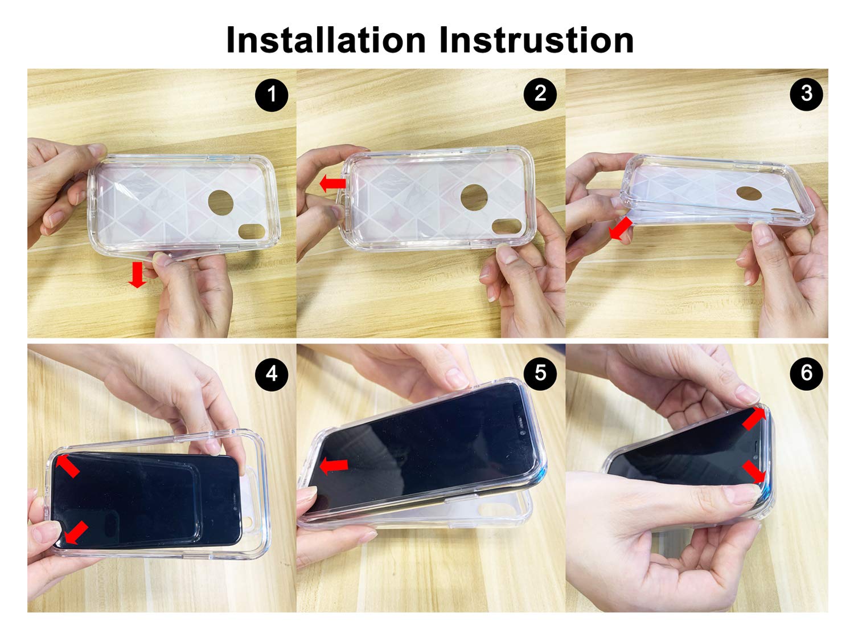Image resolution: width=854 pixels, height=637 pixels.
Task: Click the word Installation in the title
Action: tap(326, 40)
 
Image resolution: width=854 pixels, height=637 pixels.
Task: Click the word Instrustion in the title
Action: tap(536, 40)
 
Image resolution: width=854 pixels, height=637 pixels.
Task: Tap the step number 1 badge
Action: tap(272, 95)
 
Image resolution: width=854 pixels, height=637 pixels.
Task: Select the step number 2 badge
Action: tap(540, 94)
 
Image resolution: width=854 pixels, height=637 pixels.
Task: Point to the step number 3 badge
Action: tap(807, 94)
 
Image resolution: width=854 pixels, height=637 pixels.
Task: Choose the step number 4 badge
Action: tap(272, 374)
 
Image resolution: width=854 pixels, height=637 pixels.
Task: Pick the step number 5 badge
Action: tap(540, 373)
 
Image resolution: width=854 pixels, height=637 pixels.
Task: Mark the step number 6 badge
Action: tap(807, 373)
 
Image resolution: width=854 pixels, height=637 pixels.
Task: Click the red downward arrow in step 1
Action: tap(137, 275)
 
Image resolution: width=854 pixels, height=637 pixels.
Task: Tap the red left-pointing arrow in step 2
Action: tap(332, 183)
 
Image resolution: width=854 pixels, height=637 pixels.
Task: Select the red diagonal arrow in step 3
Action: tap(620, 228)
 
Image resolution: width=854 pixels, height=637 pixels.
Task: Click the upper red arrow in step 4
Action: tap(68, 465)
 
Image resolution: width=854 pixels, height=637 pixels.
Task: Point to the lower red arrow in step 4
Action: tap(76, 532)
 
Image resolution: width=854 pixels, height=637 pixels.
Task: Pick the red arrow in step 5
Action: tap(334, 465)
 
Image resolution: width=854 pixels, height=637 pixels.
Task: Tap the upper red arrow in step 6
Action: tap(754, 418)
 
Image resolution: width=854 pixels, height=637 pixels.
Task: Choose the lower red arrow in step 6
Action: tap(754, 472)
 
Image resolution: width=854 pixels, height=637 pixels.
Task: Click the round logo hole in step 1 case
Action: tap(220, 202)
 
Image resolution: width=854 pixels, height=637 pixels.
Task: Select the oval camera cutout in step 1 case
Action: tap(251, 232)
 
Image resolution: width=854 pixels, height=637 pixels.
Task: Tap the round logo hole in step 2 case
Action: tap(474, 197)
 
